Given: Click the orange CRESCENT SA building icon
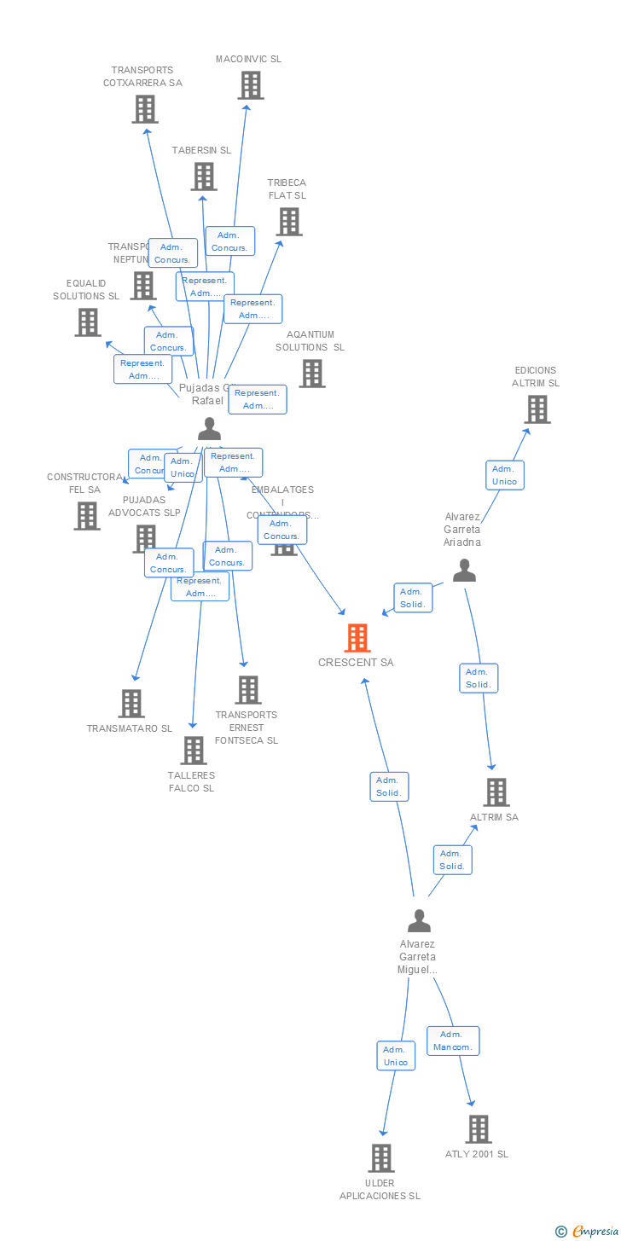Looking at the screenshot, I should pos(357,638).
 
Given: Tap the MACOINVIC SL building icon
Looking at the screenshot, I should pos(251,85).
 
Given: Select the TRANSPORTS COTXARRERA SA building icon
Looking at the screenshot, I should pos(145,109).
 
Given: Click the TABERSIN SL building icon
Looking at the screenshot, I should pos(204,177).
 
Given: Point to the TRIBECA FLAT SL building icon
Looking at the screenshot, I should pos(289,222).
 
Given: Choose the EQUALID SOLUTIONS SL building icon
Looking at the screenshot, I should pos(88,322).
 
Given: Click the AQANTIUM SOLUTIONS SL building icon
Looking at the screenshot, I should pos(312,374).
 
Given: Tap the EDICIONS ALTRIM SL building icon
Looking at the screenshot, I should pos(537,409).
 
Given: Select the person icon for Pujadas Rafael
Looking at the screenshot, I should pos(209,428).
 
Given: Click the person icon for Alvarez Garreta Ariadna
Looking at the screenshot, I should pos(464,570).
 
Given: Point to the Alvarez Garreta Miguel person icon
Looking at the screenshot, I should pos(419,921).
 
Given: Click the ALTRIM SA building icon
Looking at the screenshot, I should pos(496,792).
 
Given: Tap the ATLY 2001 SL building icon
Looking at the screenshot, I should pos(479,1129).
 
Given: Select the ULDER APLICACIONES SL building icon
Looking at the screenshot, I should pos(381,1158).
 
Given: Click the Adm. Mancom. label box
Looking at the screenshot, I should pos(453,1041).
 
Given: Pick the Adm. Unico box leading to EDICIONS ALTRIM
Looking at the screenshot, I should pos(504,475).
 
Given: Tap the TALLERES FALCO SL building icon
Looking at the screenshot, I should pos(194,751).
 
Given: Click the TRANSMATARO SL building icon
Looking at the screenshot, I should pos(131,704).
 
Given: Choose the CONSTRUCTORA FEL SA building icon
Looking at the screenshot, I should pos(86,516).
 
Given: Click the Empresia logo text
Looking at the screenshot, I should pos(594,1231).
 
